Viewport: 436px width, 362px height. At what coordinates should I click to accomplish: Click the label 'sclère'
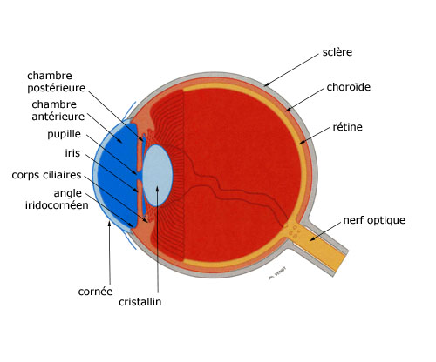[x=337, y=52]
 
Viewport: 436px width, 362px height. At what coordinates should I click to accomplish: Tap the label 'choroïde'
[x=349, y=87]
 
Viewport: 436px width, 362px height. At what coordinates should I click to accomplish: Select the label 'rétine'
[x=347, y=127]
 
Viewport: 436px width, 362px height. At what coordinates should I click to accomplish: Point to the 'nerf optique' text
[x=374, y=220]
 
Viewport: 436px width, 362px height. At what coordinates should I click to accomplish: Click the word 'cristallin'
[x=140, y=302]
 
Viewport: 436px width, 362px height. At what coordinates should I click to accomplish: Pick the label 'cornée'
[x=95, y=292]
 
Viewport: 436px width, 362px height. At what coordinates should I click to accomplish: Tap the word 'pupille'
[x=65, y=134]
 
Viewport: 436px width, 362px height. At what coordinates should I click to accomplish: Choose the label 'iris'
[x=72, y=153]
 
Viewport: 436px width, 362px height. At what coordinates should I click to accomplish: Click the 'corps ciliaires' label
[x=46, y=175]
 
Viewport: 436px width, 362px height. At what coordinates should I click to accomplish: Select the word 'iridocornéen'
[x=57, y=205]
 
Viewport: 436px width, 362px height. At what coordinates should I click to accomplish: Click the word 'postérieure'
[x=57, y=88]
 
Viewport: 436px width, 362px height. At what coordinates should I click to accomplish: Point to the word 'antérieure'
[x=58, y=117]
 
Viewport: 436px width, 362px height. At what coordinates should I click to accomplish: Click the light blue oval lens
[x=158, y=176]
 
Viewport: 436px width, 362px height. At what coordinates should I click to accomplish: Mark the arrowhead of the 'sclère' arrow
[x=266, y=84]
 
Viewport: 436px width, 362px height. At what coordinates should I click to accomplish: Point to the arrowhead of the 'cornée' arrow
[x=109, y=224]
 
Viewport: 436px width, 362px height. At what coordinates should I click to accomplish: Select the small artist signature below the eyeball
[x=277, y=273]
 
